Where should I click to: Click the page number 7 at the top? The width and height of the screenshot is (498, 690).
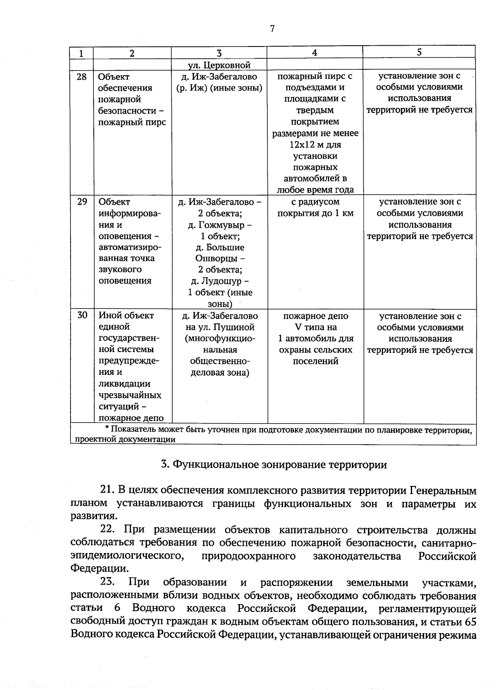(272, 29)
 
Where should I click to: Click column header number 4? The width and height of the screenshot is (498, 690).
(315, 53)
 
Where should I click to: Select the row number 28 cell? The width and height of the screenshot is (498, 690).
(82, 77)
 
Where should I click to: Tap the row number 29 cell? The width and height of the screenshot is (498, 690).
(82, 202)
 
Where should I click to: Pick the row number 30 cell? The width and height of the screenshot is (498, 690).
(82, 316)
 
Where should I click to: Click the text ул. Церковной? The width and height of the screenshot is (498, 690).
(219, 65)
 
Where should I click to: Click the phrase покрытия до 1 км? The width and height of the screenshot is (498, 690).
(315, 213)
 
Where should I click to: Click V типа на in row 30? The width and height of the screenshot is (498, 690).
(315, 327)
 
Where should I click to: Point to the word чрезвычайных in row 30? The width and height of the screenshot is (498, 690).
(130, 395)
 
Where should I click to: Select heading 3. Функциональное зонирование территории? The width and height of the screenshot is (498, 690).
(274, 465)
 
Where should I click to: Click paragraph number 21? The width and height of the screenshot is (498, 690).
(107, 490)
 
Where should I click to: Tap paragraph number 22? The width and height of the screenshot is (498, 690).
(107, 530)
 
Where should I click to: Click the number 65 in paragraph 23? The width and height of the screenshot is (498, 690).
(471, 622)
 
